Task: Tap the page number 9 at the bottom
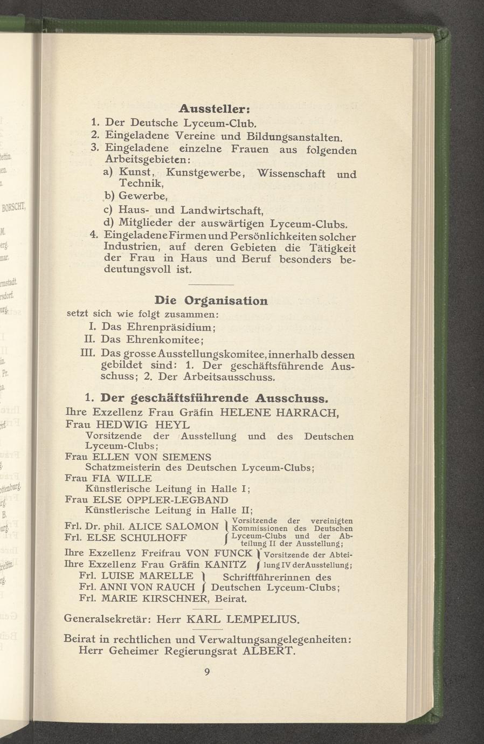tap(206, 671)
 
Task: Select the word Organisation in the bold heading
tap(226, 300)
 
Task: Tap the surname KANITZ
tap(226, 565)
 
